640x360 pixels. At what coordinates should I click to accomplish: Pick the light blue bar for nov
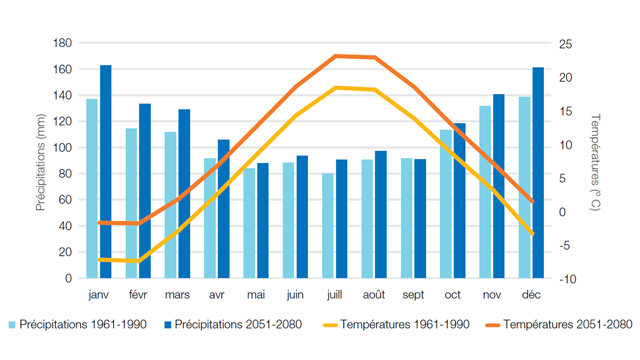485,191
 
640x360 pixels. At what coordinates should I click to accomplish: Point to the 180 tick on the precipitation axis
62,43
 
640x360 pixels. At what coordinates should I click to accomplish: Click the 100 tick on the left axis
62,147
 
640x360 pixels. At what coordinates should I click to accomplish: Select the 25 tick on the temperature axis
566,43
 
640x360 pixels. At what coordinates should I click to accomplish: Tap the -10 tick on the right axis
566,278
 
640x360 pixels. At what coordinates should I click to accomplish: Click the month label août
374,296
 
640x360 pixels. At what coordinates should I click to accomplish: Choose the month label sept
413,296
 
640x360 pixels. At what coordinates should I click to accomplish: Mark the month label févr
138,296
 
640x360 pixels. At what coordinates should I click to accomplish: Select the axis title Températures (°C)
594,160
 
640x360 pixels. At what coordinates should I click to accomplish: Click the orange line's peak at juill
335,56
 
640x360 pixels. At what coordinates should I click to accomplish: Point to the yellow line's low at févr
139,262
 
